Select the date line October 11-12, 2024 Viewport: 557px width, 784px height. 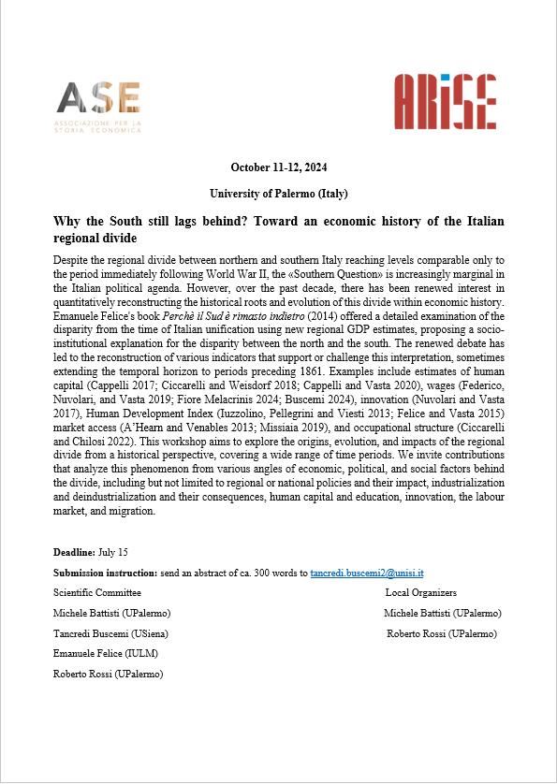point(278,167)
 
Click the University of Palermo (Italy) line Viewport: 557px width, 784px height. point(278,194)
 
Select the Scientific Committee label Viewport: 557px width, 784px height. point(97,592)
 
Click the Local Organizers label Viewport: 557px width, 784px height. point(420,592)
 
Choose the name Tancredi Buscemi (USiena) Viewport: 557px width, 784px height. point(110,633)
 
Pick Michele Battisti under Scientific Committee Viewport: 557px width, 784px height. point(112,613)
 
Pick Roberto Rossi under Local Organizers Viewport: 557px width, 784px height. point(442,633)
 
